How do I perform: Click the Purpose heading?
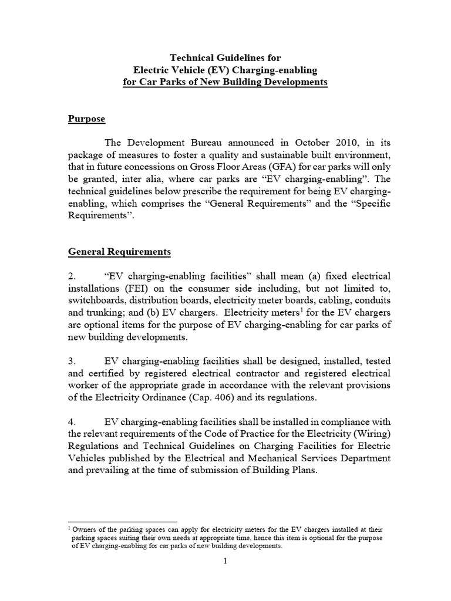tap(86, 119)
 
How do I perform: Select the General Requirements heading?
tap(119, 252)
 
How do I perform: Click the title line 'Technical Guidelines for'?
tap(225, 58)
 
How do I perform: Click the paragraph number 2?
tap(72, 276)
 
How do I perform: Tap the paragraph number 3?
tap(72, 360)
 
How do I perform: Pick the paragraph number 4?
tap(72, 421)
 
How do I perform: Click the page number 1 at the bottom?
tap(225, 561)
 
